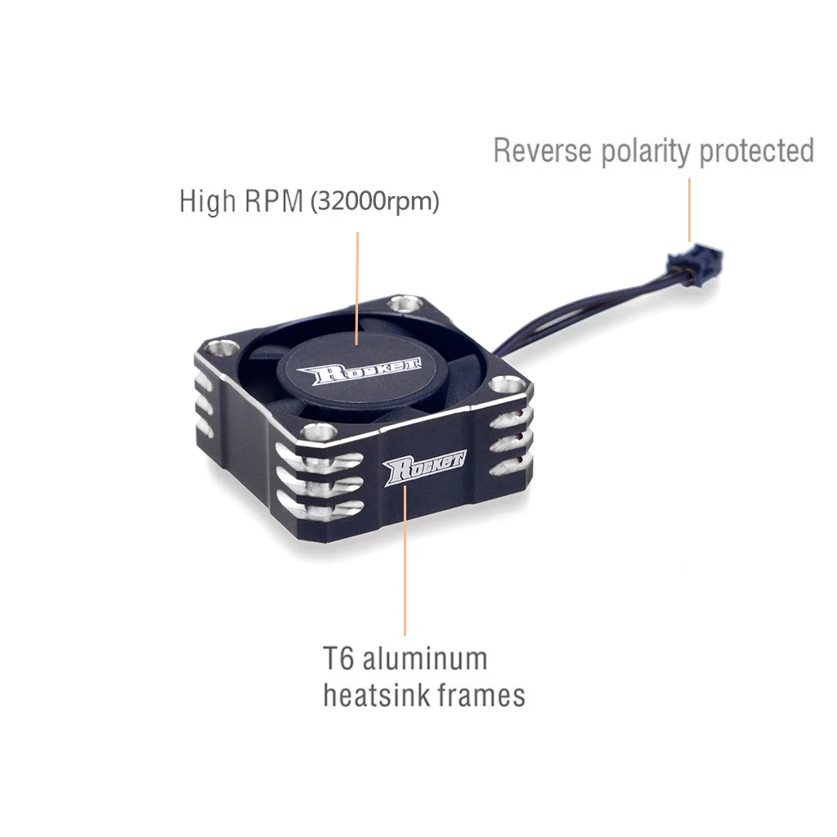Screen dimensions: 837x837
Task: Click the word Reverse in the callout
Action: coord(544,151)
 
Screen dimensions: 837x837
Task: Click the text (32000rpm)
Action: coord(374,202)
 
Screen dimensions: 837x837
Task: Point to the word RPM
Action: coord(273,201)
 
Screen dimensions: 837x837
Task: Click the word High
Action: coord(207,202)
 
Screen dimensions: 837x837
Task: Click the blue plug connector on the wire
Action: coord(695,262)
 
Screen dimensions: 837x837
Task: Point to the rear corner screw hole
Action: coord(401,305)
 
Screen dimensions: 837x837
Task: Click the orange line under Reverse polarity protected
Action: coord(689,209)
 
